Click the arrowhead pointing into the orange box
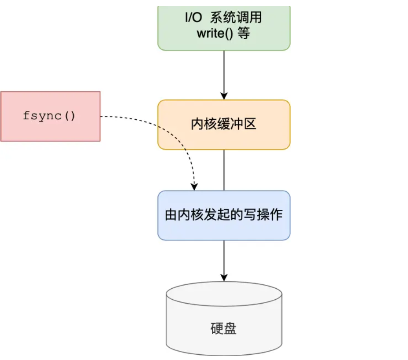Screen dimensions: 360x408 (224, 96)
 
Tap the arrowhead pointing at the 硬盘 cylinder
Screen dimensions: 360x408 (224, 277)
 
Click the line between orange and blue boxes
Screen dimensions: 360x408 (224, 170)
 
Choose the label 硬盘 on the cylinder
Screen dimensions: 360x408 (224, 328)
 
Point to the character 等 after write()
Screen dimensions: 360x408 (243, 33)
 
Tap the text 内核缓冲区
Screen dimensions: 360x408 (224, 125)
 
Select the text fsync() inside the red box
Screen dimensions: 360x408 (49, 116)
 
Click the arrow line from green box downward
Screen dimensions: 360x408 (224, 73)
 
